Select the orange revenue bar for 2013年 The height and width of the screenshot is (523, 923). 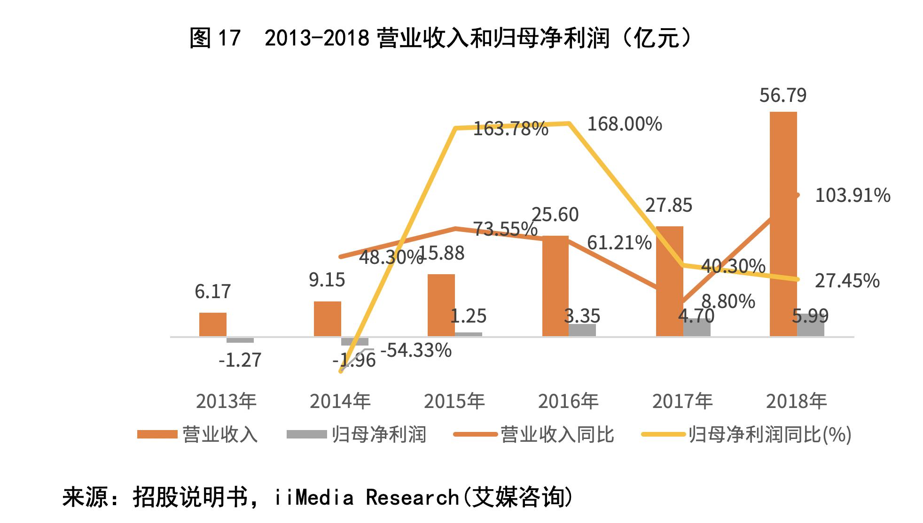click(212, 324)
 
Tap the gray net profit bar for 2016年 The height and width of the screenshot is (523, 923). click(582, 330)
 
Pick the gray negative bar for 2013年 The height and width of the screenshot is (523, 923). click(240, 340)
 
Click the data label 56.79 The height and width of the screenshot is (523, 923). click(783, 95)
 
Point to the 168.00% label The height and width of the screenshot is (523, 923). click(625, 124)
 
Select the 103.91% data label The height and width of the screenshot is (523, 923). click(852, 195)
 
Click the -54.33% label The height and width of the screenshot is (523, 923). click(416, 350)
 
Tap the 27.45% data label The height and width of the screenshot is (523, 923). click(847, 281)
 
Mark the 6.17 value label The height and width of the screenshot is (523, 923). click(212, 292)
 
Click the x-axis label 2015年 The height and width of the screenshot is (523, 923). click(454, 401)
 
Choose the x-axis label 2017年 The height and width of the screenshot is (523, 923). click(682, 401)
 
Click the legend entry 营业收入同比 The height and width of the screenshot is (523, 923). click(557, 434)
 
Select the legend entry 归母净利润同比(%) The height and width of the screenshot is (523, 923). click(770, 434)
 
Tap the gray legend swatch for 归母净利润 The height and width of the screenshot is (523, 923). click(306, 434)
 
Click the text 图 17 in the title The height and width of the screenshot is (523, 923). click(215, 38)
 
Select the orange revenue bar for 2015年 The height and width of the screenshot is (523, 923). click(441, 305)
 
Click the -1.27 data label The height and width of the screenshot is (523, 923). click(240, 360)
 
